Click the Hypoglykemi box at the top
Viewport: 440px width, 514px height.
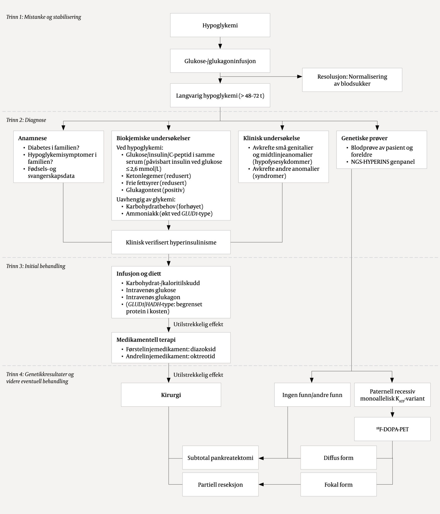tap(220, 25)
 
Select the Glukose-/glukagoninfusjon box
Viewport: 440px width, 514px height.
tap(220, 61)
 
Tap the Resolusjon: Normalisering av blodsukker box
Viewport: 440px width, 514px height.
tap(352, 80)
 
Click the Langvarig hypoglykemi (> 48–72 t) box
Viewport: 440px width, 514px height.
tap(220, 96)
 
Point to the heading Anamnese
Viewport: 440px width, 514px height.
tap(33, 138)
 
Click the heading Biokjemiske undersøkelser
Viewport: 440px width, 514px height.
tap(153, 138)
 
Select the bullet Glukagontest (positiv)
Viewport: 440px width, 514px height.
tap(155, 190)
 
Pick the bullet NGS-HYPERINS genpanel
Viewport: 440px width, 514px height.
tap(383, 162)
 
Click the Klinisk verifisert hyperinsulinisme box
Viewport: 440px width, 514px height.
tap(171, 242)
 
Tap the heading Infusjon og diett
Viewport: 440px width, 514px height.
tap(139, 274)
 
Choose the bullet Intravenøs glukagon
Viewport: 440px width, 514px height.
tap(153, 297)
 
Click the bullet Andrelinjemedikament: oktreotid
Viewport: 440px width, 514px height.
tap(170, 356)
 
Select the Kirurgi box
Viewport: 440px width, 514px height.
tap(171, 395)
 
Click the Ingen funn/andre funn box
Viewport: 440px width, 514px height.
tap(312, 395)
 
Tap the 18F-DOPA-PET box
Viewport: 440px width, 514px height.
tap(392, 429)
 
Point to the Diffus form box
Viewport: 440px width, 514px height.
tap(338, 458)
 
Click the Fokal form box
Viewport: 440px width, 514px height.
tap(338, 485)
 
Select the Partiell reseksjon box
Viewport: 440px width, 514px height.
tap(220, 485)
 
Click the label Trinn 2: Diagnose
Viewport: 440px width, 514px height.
tap(26, 120)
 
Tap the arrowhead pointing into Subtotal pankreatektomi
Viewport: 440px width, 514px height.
tap(261, 458)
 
